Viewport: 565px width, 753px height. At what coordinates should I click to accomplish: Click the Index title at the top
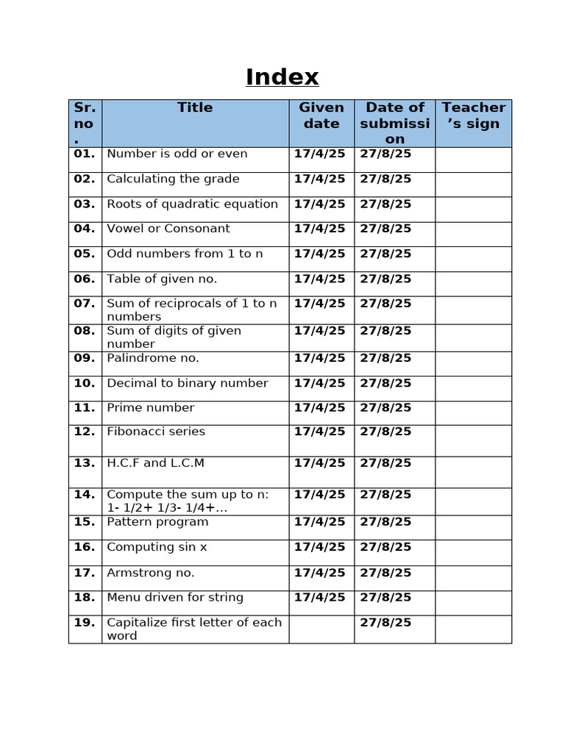pyautogui.click(x=282, y=77)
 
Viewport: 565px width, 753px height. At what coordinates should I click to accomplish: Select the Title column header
pyautogui.click(x=195, y=107)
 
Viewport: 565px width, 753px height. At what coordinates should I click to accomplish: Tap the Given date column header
pyautogui.click(x=321, y=115)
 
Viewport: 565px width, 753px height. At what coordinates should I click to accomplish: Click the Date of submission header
pyautogui.click(x=394, y=123)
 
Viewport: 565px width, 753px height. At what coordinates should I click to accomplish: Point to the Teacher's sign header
pyautogui.click(x=473, y=115)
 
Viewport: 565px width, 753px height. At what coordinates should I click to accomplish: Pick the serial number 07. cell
pyautogui.click(x=85, y=303)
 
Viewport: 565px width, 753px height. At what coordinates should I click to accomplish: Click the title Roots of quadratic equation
pyautogui.click(x=192, y=204)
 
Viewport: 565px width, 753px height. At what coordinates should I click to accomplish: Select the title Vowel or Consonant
pyautogui.click(x=168, y=229)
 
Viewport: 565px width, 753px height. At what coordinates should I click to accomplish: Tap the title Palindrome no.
pyautogui.click(x=153, y=358)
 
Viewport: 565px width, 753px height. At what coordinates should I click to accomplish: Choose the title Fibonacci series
pyautogui.click(x=156, y=432)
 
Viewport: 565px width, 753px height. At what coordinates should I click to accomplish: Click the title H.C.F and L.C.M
pyautogui.click(x=155, y=463)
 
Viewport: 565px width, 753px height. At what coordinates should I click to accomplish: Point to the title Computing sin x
pyautogui.click(x=157, y=547)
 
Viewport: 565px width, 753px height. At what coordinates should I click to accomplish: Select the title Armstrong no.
pyautogui.click(x=150, y=573)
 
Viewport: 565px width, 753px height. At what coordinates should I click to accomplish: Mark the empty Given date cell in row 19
pyautogui.click(x=321, y=629)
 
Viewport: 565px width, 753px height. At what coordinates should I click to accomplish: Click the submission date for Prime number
pyautogui.click(x=385, y=407)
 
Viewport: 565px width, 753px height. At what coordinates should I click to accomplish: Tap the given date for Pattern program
pyautogui.click(x=319, y=522)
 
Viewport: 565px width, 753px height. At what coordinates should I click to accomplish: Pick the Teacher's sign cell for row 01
pyautogui.click(x=473, y=160)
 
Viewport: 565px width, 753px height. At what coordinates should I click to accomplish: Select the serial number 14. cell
pyautogui.click(x=85, y=494)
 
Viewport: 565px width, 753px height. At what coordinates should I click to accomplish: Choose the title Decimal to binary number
pyautogui.click(x=188, y=383)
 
